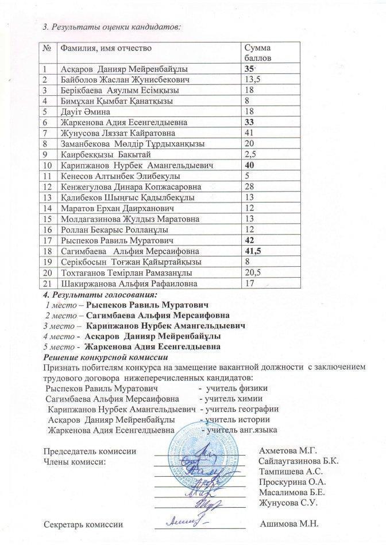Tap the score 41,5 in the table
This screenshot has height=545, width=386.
[x=252, y=251]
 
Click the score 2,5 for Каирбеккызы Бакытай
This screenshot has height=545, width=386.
[x=250, y=154]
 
